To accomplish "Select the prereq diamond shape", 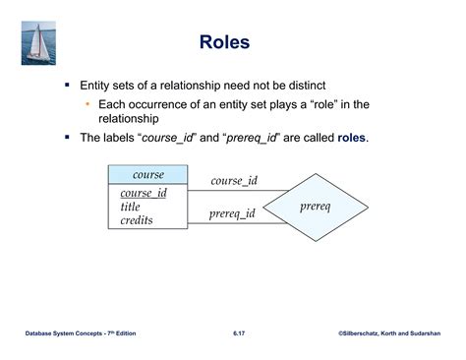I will coord(314,207).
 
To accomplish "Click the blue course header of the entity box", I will coord(148,175).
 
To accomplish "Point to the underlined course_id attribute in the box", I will coord(144,193).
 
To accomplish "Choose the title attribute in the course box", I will coord(131,207).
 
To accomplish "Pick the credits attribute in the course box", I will coord(137,220).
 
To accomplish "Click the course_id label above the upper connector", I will coord(234,181).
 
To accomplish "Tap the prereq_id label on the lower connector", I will coord(232,213).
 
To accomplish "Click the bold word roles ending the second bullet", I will coord(352,138).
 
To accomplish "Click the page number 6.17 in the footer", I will coord(239,335).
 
